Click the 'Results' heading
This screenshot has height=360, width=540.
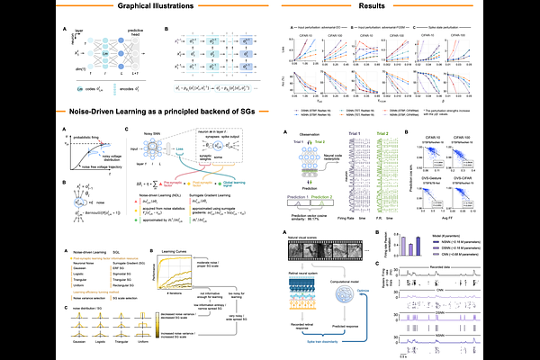(402, 6)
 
